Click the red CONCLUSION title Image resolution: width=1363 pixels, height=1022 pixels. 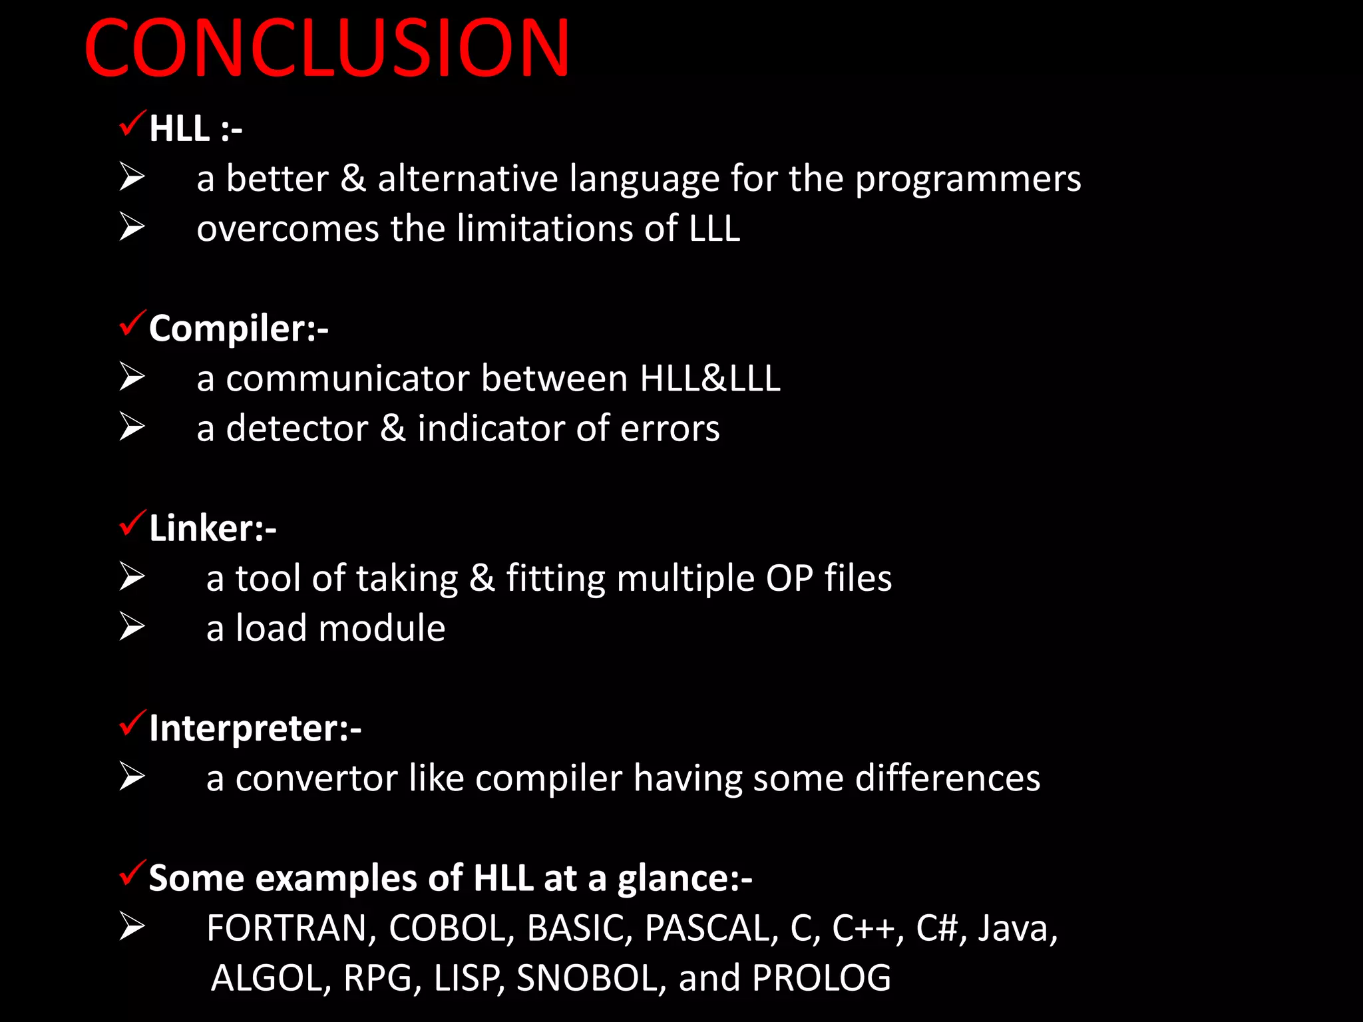click(326, 48)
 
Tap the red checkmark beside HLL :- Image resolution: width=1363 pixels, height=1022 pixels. click(132, 123)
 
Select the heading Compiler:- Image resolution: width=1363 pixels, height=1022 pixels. click(238, 328)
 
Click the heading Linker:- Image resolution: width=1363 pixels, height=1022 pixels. click(212, 528)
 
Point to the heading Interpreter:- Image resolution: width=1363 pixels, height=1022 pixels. click(255, 728)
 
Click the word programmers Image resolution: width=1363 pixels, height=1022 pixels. click(968, 180)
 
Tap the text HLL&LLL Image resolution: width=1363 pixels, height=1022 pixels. click(709, 379)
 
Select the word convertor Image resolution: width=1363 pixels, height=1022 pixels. click(316, 778)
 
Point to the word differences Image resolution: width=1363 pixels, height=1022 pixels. click(947, 778)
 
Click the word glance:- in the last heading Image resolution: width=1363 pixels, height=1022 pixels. click(684, 878)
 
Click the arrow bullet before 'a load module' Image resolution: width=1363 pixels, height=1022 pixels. click(132, 627)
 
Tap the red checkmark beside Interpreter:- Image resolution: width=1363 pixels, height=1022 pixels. click(132, 723)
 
